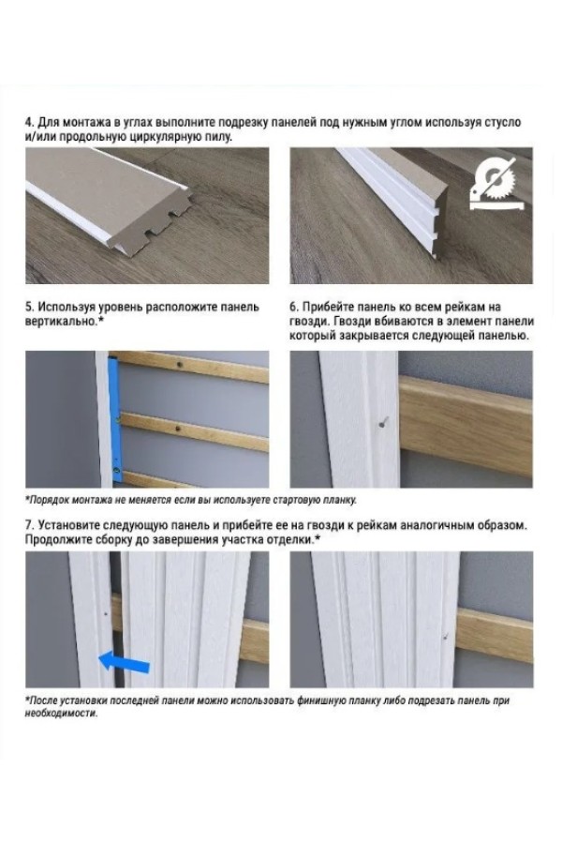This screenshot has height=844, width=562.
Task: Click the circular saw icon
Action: click(x=494, y=184)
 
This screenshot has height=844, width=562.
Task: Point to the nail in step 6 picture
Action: click(x=383, y=424)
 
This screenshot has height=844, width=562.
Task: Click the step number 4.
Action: click(x=29, y=122)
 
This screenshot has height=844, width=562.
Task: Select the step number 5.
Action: click(x=29, y=308)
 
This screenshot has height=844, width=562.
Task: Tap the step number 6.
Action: click(x=293, y=308)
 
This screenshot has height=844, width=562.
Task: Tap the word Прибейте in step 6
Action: click(x=329, y=308)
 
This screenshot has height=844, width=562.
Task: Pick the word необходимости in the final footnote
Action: click(x=61, y=715)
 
